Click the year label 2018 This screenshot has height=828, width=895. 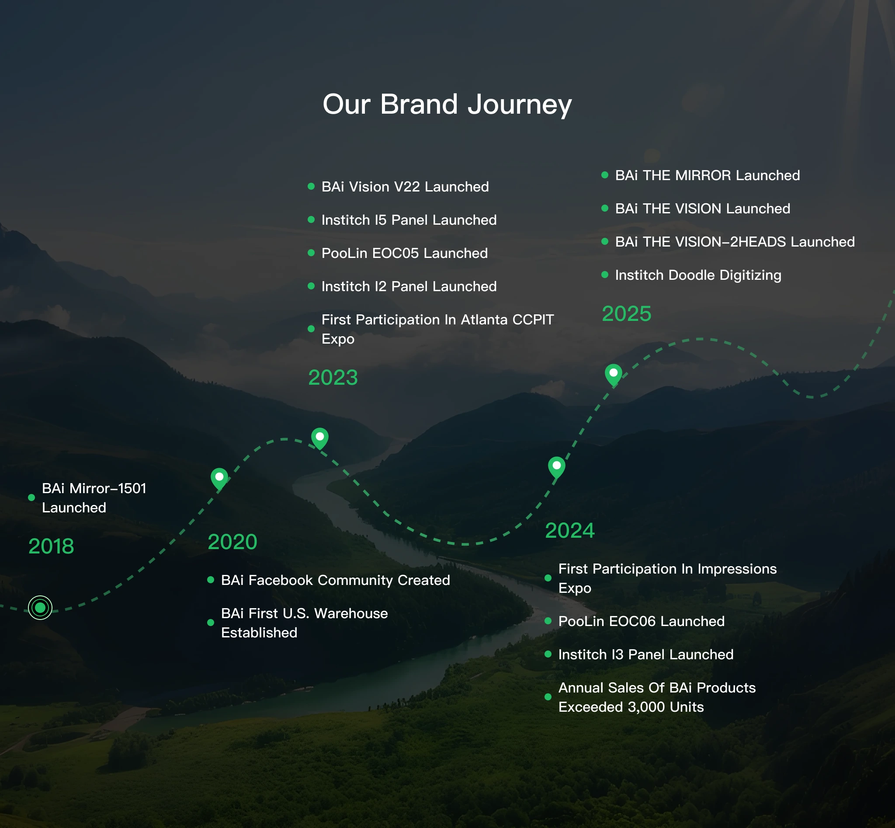(51, 546)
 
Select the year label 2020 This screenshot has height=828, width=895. (232, 542)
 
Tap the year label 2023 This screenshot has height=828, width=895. (333, 377)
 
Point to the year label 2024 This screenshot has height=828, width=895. (570, 530)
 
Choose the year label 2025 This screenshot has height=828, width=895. (626, 313)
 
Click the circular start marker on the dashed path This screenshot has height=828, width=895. (40, 608)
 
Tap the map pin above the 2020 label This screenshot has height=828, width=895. (219, 479)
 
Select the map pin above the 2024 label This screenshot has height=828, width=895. (557, 468)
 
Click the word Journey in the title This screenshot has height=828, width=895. (520, 105)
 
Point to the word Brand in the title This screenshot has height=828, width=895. (419, 104)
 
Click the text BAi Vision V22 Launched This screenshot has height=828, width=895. (405, 186)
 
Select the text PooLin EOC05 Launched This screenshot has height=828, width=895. (405, 253)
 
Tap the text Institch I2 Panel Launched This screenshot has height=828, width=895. (409, 286)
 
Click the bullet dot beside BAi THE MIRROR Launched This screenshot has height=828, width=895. (605, 175)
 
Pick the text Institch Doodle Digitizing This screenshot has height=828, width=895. (698, 275)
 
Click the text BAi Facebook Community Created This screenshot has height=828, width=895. (336, 580)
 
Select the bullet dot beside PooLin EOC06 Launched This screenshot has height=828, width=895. (548, 621)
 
